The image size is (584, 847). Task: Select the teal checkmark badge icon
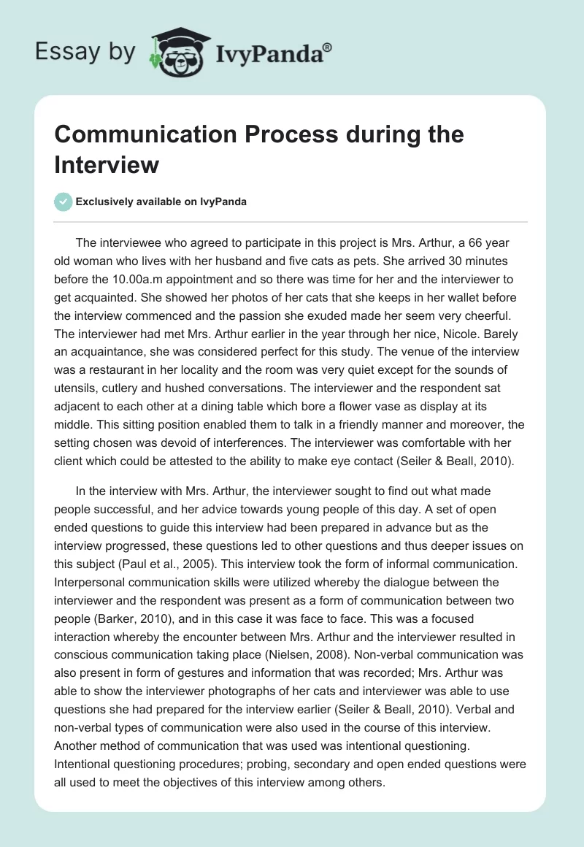coord(64,202)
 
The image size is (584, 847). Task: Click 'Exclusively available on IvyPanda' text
coord(162,202)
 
